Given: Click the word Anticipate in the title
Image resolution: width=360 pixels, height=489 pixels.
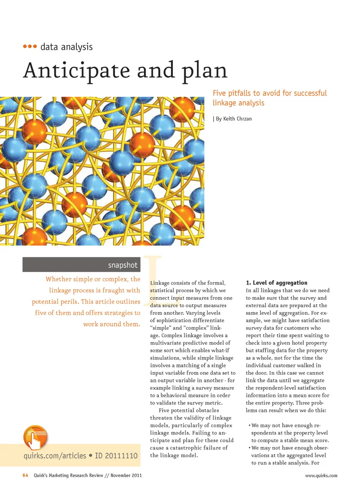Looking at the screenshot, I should (x=77, y=70).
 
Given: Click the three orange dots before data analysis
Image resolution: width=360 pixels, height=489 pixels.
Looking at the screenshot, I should (x=30, y=46).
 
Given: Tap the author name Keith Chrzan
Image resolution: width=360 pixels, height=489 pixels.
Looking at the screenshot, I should (x=237, y=119).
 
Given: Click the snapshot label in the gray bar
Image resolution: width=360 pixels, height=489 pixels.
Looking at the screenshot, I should (x=123, y=265).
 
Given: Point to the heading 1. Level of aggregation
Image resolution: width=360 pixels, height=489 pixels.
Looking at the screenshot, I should (x=276, y=283).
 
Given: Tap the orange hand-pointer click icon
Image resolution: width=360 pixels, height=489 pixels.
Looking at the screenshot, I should (x=35, y=437).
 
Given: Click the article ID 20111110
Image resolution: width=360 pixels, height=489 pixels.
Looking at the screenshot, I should (x=116, y=456).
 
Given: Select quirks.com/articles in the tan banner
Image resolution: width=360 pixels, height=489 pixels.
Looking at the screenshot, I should (x=55, y=456).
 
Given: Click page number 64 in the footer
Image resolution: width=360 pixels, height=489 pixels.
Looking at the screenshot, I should (x=25, y=476).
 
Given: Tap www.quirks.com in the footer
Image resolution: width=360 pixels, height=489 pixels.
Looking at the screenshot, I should (x=321, y=476).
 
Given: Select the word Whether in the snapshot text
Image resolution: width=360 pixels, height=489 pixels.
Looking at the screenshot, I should (x=58, y=279).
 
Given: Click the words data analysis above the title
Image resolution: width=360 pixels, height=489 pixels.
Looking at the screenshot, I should (x=66, y=47).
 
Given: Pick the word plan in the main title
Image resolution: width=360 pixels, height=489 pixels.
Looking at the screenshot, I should (x=204, y=70).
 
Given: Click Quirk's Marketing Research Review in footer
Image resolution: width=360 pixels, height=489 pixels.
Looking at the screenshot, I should (x=68, y=476).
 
